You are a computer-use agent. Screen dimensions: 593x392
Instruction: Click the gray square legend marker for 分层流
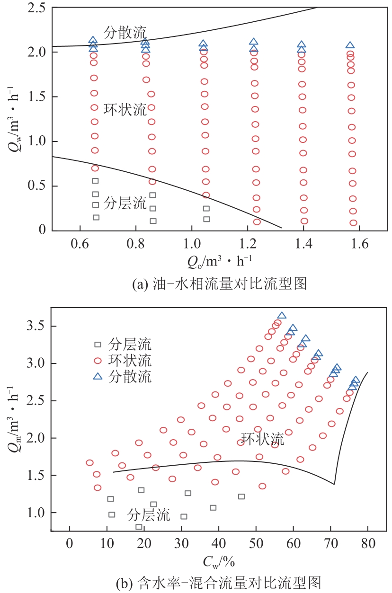98,344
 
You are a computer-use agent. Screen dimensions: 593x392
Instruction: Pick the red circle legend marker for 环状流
98,361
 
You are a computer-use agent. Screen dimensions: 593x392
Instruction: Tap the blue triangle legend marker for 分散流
98,377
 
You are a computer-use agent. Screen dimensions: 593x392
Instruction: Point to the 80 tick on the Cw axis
367,542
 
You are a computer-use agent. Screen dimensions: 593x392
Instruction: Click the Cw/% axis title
219,562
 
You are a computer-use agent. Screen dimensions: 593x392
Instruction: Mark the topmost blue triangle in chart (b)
282,316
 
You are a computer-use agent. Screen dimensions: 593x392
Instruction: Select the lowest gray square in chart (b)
139,527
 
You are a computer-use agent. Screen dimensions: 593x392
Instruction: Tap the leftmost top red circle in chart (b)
89,463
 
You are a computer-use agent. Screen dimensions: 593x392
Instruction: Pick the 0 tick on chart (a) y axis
41,230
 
